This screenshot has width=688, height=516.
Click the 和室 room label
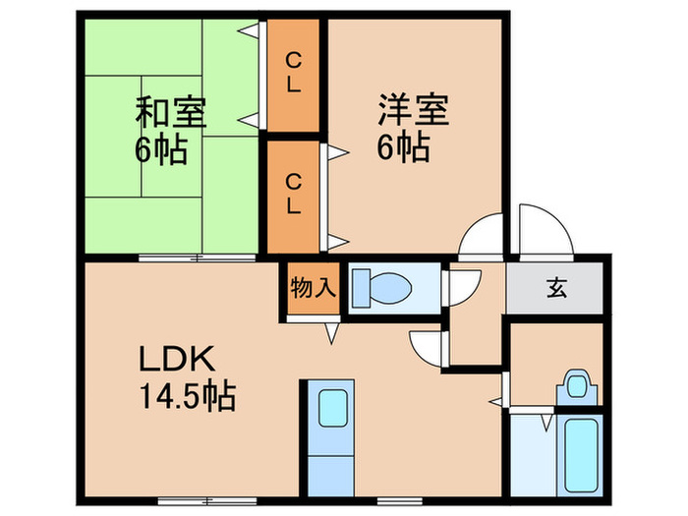click(x=171, y=112)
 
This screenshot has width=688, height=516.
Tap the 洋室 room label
click(x=414, y=110)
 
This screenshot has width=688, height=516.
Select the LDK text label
click(x=177, y=359)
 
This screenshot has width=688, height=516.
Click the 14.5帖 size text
click(x=188, y=396)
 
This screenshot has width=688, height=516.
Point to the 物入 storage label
click(x=314, y=288)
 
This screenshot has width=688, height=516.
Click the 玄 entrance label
click(x=556, y=288)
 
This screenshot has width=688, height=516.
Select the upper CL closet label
click(x=294, y=73)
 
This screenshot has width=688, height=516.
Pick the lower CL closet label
click(x=294, y=194)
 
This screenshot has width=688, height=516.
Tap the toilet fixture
click(x=382, y=288)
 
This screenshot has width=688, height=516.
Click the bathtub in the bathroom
click(x=581, y=455)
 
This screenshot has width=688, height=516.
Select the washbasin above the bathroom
click(x=577, y=386)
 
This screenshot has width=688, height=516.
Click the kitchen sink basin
click(x=333, y=408)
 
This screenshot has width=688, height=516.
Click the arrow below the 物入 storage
click(x=332, y=333)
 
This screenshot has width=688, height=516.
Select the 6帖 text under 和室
click(x=161, y=149)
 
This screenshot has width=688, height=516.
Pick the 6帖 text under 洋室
click(x=403, y=147)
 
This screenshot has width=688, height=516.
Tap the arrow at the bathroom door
click(x=546, y=423)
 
